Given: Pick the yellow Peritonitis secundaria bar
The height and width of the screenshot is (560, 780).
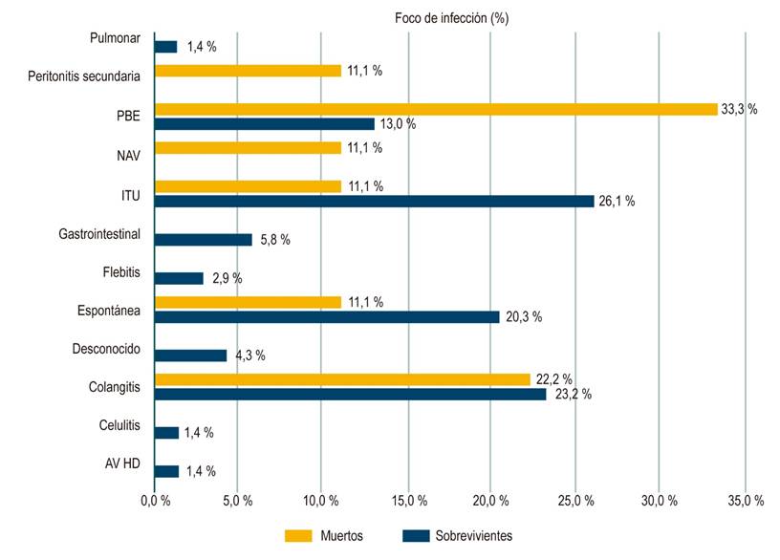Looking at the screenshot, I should [x=248, y=71].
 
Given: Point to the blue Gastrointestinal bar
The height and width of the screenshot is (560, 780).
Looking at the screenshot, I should [x=203, y=240].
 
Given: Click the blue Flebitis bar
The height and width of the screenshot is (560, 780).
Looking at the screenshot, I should [x=179, y=278].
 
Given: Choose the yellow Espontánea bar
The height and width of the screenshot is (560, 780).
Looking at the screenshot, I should [x=248, y=303].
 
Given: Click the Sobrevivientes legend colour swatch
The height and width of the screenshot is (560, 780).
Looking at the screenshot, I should [x=415, y=535].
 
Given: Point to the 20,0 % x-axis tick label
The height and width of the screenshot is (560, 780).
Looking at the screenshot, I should [x=490, y=501].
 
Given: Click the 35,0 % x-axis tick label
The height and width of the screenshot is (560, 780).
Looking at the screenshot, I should [x=746, y=501].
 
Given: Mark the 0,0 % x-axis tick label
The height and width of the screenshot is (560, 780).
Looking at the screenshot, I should [x=154, y=501].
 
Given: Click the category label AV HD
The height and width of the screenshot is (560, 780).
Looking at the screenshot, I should [x=122, y=464].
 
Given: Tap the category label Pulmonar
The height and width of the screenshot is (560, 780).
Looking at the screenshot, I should [x=113, y=39].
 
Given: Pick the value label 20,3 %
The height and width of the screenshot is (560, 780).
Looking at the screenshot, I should [x=524, y=317].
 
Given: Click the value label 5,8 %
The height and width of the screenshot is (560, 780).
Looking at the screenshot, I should [x=277, y=240].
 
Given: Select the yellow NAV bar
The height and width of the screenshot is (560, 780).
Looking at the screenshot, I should [x=248, y=148].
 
